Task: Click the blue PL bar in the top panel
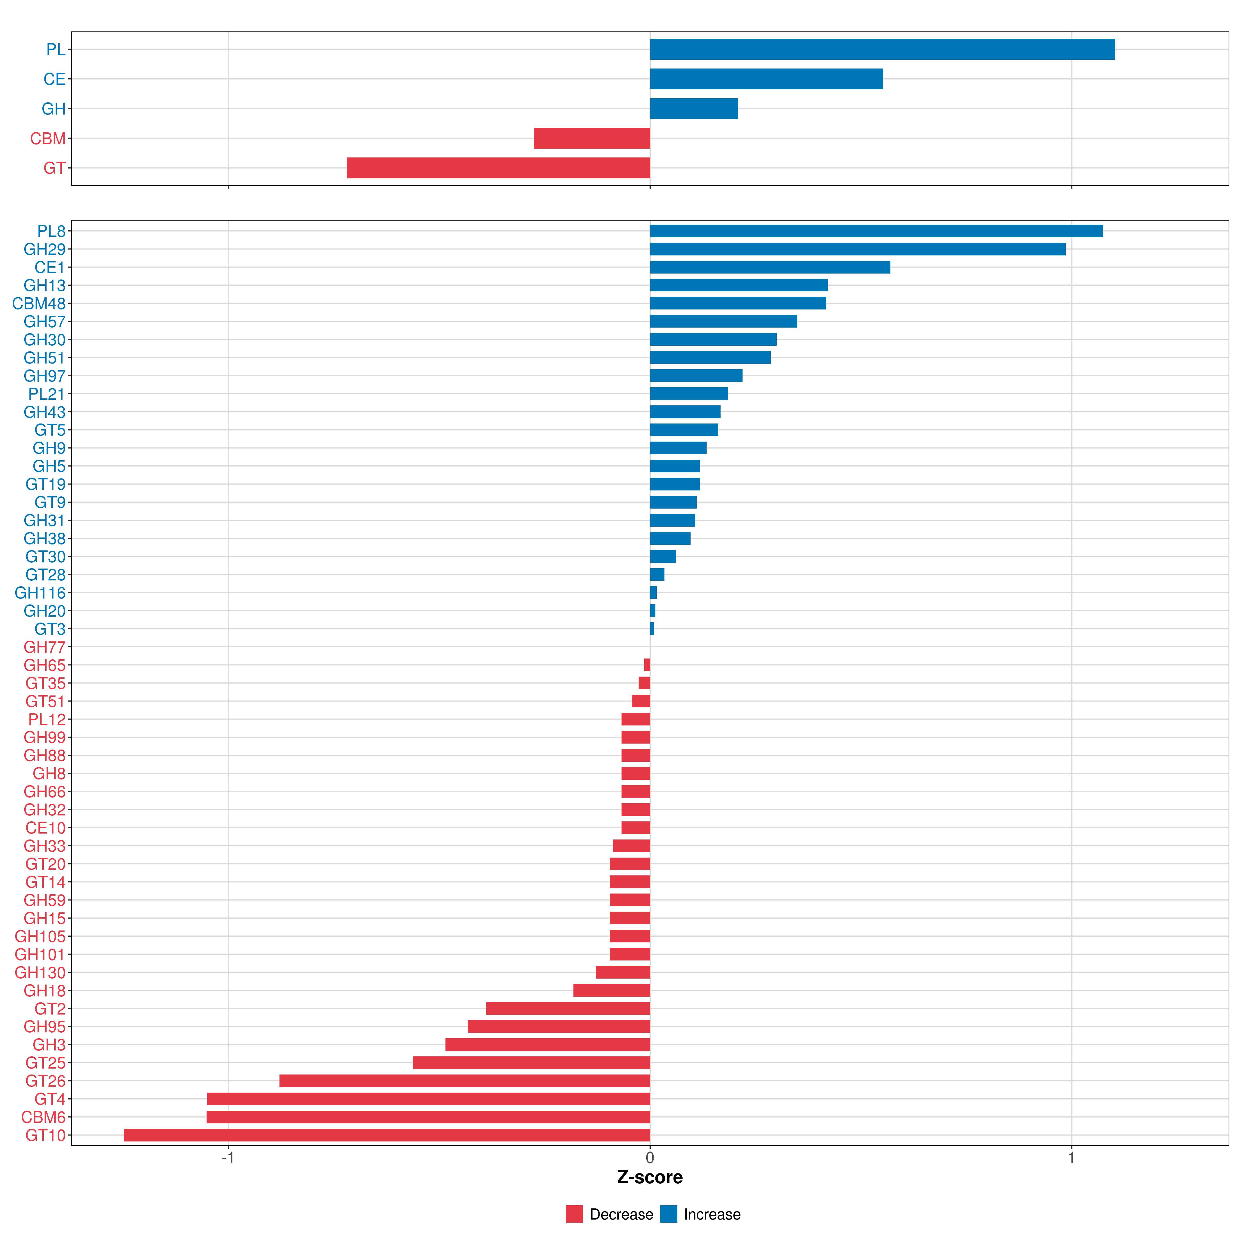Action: click(x=882, y=49)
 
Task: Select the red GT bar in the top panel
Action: click(x=498, y=168)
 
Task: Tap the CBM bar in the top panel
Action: click(x=592, y=138)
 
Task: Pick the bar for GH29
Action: click(x=858, y=249)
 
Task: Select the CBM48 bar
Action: click(x=738, y=303)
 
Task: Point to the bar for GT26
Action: click(x=464, y=1081)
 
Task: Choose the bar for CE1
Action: click(x=770, y=267)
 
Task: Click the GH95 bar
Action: click(x=559, y=1026)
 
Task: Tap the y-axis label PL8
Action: click(x=51, y=231)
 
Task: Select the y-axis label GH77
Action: click(x=45, y=647)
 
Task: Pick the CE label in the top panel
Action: click(x=55, y=79)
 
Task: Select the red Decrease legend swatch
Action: click(x=574, y=1214)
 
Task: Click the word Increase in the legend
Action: click(x=712, y=1214)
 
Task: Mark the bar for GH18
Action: click(x=611, y=990)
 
